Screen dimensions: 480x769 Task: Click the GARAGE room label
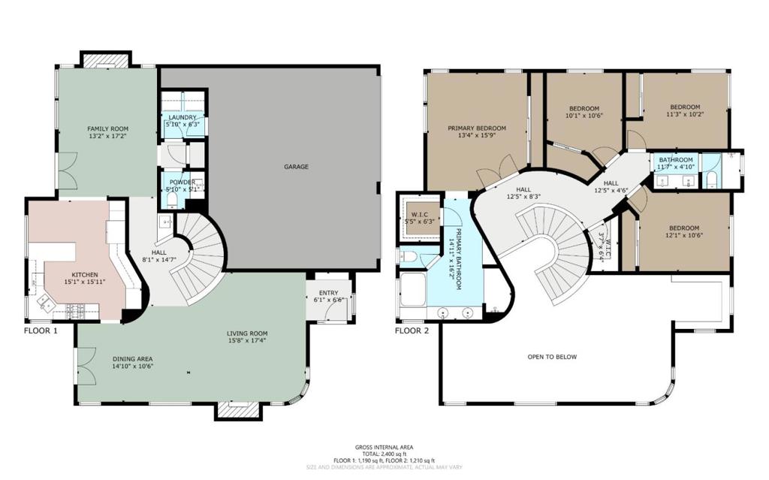click(x=296, y=167)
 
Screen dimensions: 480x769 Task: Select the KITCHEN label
click(x=84, y=275)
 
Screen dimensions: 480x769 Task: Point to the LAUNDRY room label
click(x=182, y=117)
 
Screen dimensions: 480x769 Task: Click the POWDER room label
click(x=182, y=182)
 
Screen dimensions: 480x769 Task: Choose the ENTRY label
click(x=328, y=292)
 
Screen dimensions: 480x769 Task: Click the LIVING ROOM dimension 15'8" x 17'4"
click(x=247, y=341)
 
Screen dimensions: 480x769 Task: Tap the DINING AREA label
click(x=133, y=359)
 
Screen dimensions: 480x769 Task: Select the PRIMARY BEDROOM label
click(x=477, y=128)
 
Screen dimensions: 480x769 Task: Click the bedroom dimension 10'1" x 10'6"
click(x=584, y=116)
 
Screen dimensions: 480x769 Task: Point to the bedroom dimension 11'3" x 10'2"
click(x=684, y=114)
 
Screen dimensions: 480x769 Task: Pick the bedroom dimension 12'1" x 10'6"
click(x=683, y=236)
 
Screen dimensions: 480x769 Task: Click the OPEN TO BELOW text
click(x=552, y=357)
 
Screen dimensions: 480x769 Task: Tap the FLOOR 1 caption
click(x=42, y=331)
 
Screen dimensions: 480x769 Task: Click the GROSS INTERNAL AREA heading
click(x=384, y=447)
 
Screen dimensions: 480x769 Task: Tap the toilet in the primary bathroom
click(x=411, y=257)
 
